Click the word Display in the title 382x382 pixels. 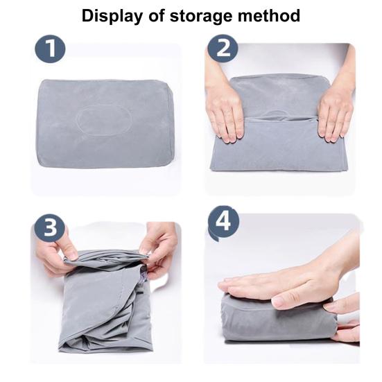(112, 17)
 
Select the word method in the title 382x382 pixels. (269, 15)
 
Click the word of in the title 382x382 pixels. (156, 15)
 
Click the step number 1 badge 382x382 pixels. (50, 49)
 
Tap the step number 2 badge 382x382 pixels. (223, 49)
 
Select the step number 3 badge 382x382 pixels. (50, 227)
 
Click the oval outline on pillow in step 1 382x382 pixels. (104, 120)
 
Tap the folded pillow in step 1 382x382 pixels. (105, 123)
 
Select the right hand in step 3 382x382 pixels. (158, 248)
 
